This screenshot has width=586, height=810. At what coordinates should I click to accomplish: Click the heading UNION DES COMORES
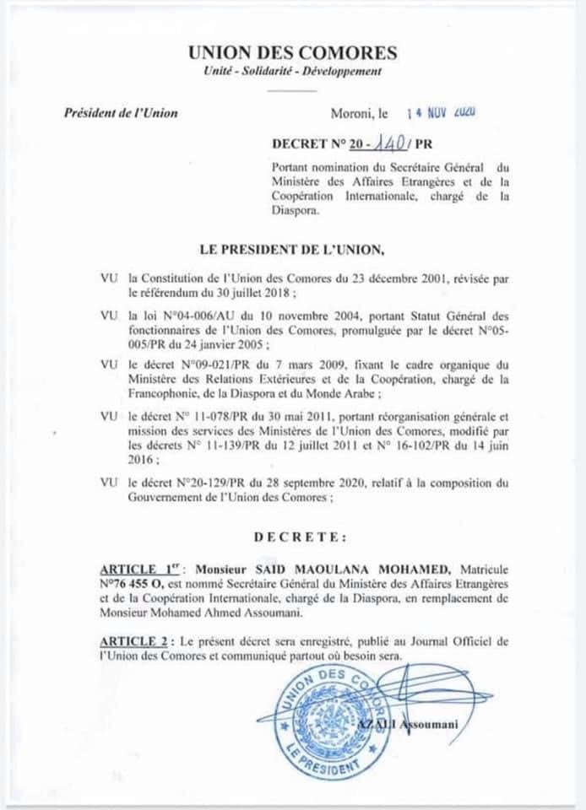(292, 53)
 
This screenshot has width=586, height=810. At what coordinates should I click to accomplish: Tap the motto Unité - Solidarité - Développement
(292, 73)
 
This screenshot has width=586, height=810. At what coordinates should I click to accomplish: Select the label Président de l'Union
(121, 113)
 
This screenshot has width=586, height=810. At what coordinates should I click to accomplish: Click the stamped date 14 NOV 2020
(440, 111)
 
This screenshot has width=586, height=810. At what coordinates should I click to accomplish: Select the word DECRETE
(299, 536)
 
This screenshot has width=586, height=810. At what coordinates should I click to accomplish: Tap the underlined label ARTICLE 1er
(135, 570)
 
